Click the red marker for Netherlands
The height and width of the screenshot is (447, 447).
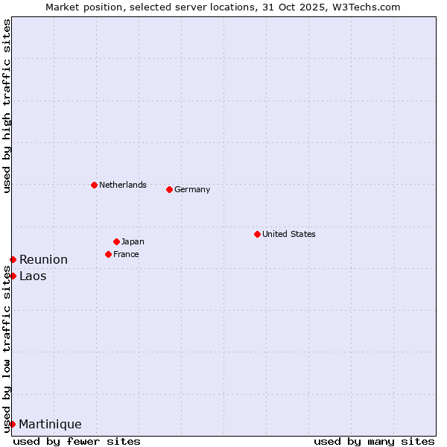[94, 185]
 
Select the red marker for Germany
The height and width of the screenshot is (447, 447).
[169, 189]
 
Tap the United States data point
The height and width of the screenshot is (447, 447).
[257, 234]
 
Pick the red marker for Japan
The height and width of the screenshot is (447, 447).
[116, 241]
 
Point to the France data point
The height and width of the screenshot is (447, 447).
[108, 254]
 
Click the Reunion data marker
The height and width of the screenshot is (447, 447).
[13, 259]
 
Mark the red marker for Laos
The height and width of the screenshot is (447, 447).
[13, 276]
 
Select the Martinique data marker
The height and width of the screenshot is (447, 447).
[12, 424]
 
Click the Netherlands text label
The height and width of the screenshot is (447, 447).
[123, 185]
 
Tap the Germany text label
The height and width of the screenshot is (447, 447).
[192, 189]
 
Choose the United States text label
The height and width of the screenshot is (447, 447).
[289, 234]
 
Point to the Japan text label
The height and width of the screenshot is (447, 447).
[133, 241]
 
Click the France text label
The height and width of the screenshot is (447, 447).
[126, 254]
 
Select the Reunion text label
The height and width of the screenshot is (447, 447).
[43, 259]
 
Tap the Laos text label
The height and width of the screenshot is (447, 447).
[33, 276]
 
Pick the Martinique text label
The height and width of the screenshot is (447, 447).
[50, 424]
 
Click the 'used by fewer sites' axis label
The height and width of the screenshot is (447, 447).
[77, 441]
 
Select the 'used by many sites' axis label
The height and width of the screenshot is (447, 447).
[374, 441]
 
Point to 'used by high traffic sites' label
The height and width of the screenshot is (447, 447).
[7, 106]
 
